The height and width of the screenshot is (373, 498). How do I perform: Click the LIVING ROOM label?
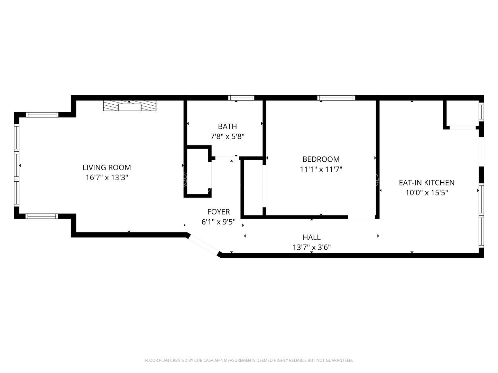[107, 168]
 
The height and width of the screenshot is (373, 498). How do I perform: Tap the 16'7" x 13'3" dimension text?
[107, 178]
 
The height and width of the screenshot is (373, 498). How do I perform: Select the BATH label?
[227, 126]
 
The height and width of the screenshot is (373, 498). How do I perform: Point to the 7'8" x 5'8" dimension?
[227, 136]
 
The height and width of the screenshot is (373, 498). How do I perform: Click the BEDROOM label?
[321, 159]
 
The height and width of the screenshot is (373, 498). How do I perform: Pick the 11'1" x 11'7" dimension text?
[321, 169]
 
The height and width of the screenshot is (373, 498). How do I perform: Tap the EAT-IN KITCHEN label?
[426, 182]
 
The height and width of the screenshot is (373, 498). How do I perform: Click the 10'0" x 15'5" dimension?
[426, 192]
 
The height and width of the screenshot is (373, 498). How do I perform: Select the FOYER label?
[218, 212]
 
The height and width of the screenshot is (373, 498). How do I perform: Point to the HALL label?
[311, 237]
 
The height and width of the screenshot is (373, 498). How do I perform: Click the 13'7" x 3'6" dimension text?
[311, 247]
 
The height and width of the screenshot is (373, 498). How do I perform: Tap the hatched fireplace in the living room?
[129, 106]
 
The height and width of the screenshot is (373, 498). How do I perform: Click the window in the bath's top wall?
[241, 98]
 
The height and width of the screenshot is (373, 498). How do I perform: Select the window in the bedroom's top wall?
[336, 98]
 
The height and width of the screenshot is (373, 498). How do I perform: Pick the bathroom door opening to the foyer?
[225, 158]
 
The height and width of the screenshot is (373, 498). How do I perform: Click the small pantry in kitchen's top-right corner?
[462, 114]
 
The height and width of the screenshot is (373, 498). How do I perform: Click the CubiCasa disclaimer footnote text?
[249, 360]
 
